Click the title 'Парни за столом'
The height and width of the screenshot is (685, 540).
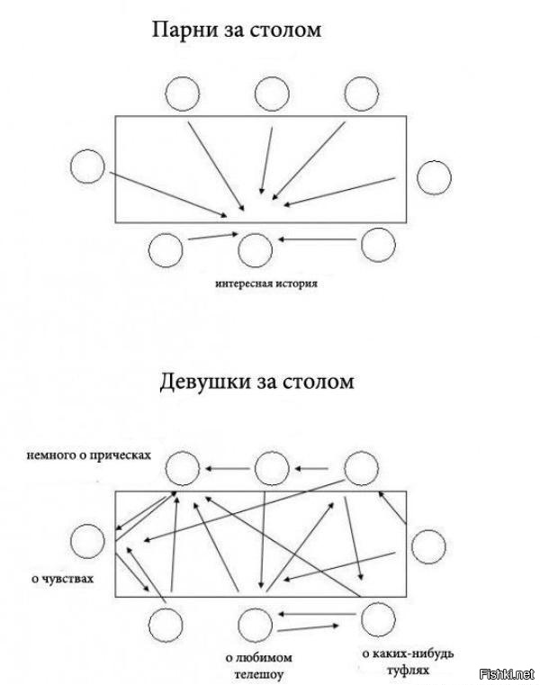236,31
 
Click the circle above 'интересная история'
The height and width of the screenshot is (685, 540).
254,248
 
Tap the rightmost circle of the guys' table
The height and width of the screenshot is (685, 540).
435,176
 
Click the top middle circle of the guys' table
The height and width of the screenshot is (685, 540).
271,94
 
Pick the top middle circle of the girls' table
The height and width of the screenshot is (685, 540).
271,468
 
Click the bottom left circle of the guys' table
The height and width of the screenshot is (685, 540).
166,249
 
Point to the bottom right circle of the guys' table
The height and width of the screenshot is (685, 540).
377,244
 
